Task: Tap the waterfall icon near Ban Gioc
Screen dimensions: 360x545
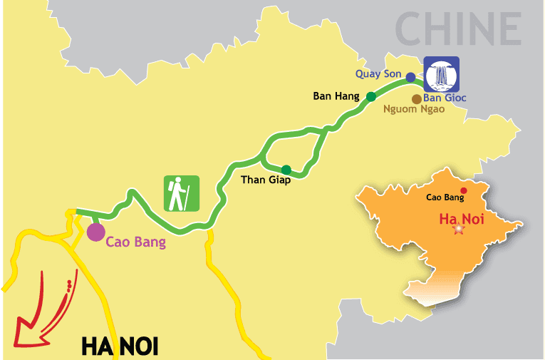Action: coord(442,73)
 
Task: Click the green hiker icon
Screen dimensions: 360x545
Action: coord(182,193)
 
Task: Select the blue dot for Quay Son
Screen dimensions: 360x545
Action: coord(410,76)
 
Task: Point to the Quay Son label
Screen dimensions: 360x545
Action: coord(378,73)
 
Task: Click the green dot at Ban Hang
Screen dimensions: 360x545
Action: coord(370,96)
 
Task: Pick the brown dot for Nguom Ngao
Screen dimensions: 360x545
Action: coord(416,99)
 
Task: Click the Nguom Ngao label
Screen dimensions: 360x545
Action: coord(414,110)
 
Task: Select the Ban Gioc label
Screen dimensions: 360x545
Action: coord(445,98)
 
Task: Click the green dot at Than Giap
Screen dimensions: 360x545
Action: coord(286,170)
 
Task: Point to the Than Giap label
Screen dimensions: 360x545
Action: coord(265,179)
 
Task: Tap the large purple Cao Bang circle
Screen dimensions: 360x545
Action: coord(95,232)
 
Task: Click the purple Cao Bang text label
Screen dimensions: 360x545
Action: coord(135,242)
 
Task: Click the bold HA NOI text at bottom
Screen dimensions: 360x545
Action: coord(119,346)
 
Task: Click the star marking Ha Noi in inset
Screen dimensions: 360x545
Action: coord(458,229)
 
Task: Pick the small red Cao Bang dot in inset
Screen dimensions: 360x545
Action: coord(464,190)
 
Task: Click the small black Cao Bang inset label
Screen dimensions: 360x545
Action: coord(440,197)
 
